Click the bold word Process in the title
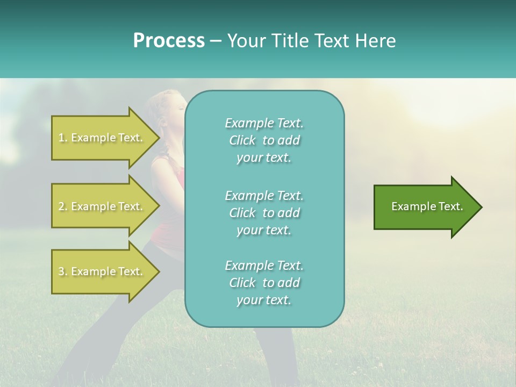(x=169, y=41)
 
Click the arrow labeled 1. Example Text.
(x=102, y=138)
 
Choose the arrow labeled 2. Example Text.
(x=102, y=206)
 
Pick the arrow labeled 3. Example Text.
(x=102, y=271)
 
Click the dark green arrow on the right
(x=425, y=206)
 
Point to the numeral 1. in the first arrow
(x=62, y=138)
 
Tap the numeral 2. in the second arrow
(x=62, y=206)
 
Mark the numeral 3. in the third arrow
(x=62, y=271)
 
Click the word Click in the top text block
(x=242, y=140)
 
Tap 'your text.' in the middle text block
(x=264, y=230)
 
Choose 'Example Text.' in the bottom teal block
(x=264, y=265)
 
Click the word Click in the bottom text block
(x=242, y=283)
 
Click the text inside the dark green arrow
(x=427, y=206)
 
